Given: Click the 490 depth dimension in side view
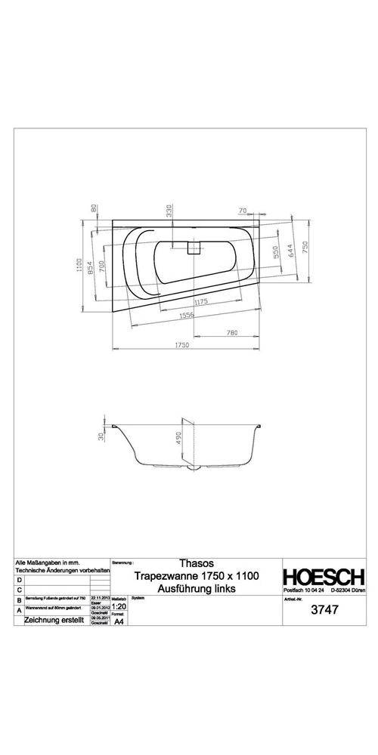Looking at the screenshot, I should click(x=180, y=439).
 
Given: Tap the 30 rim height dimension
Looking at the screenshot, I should click(x=101, y=436).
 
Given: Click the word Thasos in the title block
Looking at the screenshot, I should click(x=197, y=563).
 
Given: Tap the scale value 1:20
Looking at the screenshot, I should click(x=119, y=606).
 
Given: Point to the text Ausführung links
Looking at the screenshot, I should click(x=197, y=588).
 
